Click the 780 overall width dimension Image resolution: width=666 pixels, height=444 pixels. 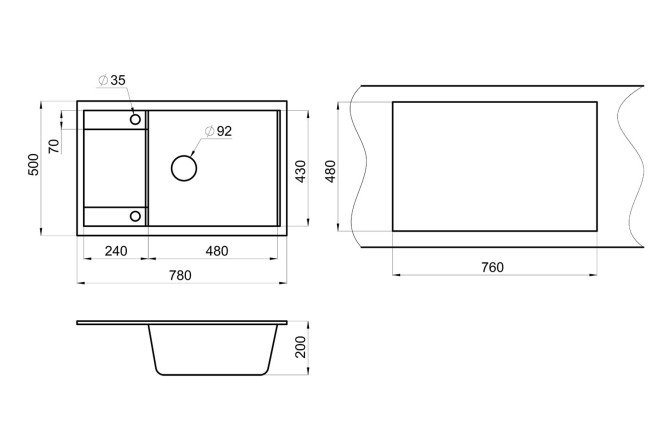181,275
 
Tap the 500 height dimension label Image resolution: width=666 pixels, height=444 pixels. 33,164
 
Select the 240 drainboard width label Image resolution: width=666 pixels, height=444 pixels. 116,251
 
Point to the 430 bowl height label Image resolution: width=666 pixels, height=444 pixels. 301,171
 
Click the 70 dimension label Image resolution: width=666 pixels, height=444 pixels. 54,146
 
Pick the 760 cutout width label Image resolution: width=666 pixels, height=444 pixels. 492,267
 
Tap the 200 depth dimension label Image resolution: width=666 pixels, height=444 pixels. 301,347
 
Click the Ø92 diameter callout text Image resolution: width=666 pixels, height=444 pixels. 218,131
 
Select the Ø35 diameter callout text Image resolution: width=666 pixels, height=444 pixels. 112,80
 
